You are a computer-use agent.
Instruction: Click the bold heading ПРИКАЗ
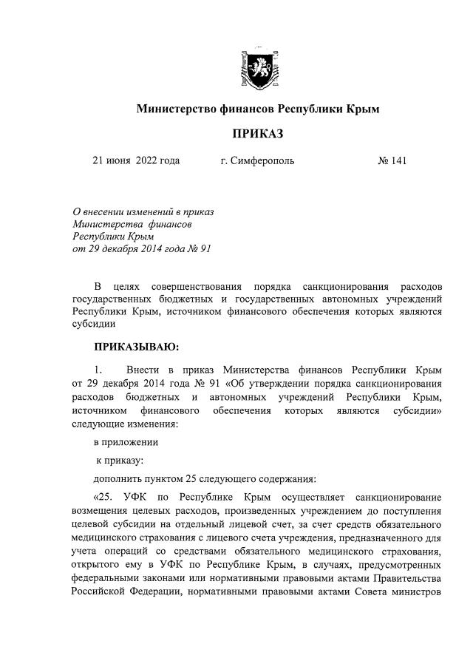click(258, 134)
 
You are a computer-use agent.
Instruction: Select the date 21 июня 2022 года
click(136, 160)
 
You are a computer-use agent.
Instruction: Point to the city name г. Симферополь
click(256, 160)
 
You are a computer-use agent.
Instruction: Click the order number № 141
click(392, 160)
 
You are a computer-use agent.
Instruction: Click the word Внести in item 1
click(141, 370)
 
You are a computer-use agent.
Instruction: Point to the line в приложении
click(125, 441)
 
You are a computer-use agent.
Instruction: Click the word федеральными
click(108, 577)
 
